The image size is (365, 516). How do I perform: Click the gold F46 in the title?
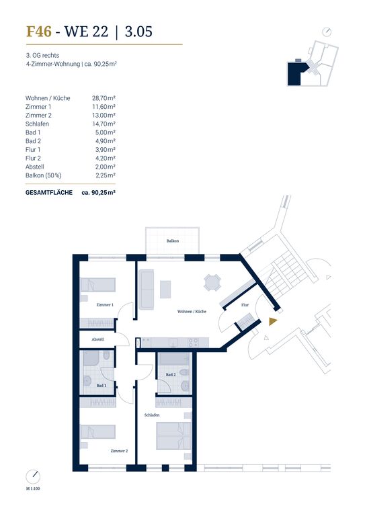(39, 32)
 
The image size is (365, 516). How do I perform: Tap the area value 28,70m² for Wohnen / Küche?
(104, 98)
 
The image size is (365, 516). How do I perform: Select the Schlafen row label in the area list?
(37, 124)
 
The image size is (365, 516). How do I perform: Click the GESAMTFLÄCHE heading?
(49, 193)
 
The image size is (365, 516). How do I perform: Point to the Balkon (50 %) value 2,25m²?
(106, 175)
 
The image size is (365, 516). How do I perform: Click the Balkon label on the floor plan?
(173, 241)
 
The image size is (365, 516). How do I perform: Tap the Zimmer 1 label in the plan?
(105, 305)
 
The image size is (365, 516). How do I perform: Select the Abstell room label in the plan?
(97, 339)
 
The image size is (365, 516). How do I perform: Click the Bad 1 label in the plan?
(102, 386)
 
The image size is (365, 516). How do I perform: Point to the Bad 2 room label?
(171, 374)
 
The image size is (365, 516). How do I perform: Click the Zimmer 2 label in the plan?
(119, 451)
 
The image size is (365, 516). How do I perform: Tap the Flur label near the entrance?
(245, 305)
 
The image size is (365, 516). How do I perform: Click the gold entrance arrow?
(273, 322)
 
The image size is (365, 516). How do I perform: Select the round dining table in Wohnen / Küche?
(212, 283)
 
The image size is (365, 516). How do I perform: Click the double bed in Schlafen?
(174, 435)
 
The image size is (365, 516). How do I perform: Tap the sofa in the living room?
(147, 290)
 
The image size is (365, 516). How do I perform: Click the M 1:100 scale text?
(33, 488)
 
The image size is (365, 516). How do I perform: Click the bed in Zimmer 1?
(97, 285)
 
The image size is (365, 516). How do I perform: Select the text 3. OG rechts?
(43, 55)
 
